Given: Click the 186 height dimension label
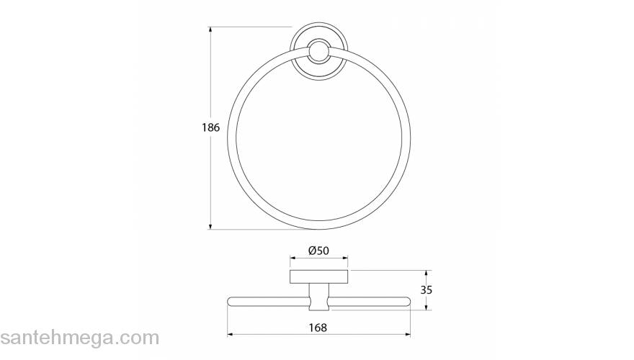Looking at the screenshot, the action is pos(210,127).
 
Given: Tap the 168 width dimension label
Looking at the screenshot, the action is pos(318,328).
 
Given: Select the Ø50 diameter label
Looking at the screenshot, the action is pos(318,251).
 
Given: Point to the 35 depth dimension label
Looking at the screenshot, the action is pos(427,289).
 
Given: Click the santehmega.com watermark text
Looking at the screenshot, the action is pos(80,338).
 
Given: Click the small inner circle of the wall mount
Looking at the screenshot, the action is pos(318,51).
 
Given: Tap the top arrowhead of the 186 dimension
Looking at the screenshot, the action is pos(210,30).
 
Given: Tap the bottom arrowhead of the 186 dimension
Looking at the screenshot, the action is pos(210,226).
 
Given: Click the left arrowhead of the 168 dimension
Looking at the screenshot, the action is pos(231,334).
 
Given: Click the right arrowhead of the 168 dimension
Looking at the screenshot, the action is pos(407,334).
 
